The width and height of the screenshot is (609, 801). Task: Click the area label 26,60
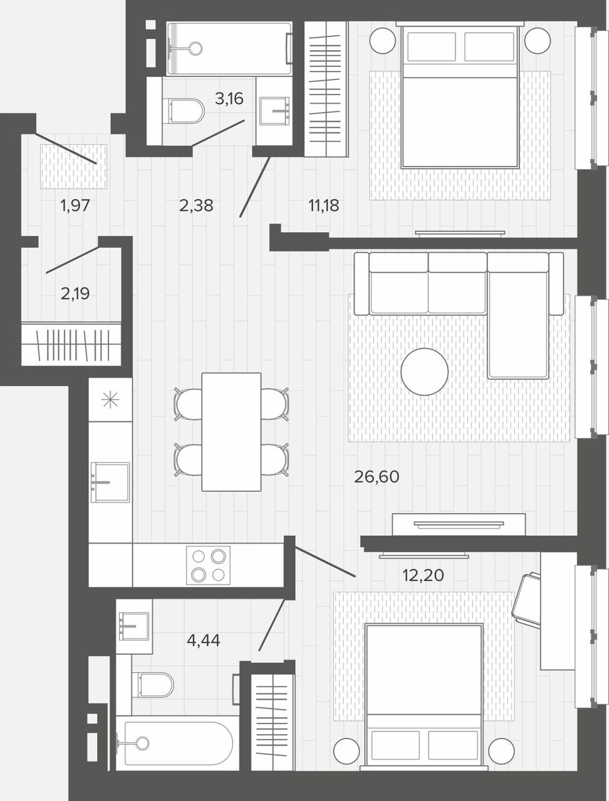coord(377,477)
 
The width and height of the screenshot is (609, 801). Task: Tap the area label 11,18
coord(324,206)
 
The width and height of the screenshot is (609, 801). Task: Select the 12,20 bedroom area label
coord(423,576)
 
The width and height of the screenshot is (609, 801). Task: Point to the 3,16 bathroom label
coord(229,98)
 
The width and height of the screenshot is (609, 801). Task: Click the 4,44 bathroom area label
coord(204,640)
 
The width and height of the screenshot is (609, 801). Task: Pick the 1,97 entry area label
coord(75,206)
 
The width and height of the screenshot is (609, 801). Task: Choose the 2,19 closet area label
coord(75,293)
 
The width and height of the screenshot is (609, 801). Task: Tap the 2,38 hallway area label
coord(196,206)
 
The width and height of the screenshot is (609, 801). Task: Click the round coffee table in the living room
coord(425,372)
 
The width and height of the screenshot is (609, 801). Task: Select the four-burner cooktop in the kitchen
coord(208,566)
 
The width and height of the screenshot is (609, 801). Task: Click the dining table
coord(232,432)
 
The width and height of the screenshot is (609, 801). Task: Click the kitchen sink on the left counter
coord(110,482)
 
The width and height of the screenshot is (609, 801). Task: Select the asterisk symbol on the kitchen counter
coord(110,400)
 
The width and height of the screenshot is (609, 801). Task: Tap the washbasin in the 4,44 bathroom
coord(134,626)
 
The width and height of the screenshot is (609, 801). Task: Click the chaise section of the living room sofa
coord(518,315)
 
